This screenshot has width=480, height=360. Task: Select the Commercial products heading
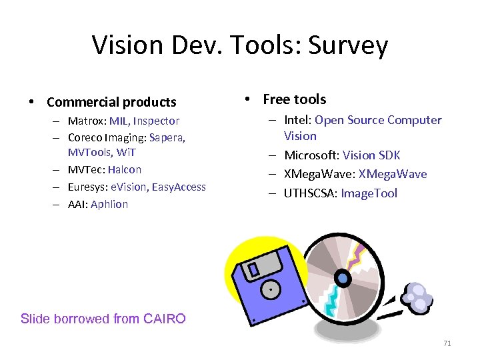[111, 102]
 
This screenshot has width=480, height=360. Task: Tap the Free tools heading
[294, 99]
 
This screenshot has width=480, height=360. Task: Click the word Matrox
[87, 121]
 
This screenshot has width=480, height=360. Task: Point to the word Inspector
[156, 121]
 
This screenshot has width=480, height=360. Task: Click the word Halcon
[125, 169]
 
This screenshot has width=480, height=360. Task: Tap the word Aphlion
[109, 204]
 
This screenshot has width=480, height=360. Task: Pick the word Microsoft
[311, 155]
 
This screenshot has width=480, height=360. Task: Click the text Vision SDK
[371, 155]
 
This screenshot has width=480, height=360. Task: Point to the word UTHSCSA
[310, 193]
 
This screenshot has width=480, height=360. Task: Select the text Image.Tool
[369, 193]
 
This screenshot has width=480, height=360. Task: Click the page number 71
[447, 343]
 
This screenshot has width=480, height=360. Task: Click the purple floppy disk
[263, 280]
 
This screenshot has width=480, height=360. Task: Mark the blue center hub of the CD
[343, 277]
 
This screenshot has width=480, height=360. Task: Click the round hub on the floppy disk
[271, 290]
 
